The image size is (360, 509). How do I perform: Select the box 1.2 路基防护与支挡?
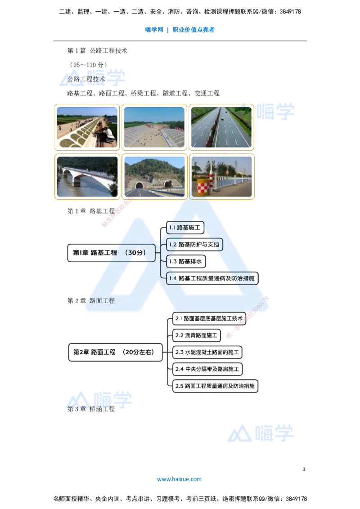194,245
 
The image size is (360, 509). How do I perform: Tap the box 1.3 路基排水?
185,261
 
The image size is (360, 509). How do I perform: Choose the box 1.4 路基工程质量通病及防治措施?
212,278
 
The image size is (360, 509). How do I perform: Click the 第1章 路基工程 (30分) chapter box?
111,253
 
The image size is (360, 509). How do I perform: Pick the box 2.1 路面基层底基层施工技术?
210,318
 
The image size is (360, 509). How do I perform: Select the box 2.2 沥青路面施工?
197,335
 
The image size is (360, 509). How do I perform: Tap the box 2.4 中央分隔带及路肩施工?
208,369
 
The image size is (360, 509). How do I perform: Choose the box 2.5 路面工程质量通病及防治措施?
216,386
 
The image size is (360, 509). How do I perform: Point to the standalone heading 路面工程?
102,300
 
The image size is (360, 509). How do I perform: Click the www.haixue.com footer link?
179,479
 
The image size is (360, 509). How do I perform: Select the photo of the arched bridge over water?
87,176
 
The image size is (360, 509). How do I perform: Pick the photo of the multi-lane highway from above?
221,127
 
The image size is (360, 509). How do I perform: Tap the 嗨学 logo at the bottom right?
261,433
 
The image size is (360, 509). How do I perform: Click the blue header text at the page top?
180,31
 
